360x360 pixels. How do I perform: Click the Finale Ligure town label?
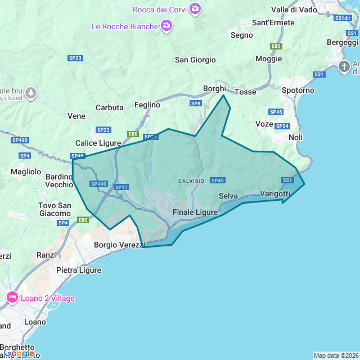195,212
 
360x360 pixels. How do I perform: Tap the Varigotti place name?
275,193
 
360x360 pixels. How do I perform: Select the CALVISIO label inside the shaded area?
191,181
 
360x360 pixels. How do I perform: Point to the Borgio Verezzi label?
119,245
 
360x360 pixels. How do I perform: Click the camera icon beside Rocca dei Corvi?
195,8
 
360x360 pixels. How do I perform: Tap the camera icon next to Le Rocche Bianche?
166,25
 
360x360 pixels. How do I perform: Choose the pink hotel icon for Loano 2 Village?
11,298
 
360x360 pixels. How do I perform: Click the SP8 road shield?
196,103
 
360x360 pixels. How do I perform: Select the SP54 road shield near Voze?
282,126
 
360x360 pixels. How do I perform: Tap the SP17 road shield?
121,187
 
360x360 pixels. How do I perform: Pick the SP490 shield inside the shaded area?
98,183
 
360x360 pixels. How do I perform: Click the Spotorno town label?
298,90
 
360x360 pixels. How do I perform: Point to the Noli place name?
295,137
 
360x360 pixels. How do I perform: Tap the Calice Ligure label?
98,143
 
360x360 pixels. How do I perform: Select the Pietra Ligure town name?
79,270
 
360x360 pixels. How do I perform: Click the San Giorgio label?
195,60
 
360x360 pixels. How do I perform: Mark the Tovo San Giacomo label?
55,209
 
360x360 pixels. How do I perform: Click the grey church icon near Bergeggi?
344,67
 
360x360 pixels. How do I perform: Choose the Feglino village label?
147,105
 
